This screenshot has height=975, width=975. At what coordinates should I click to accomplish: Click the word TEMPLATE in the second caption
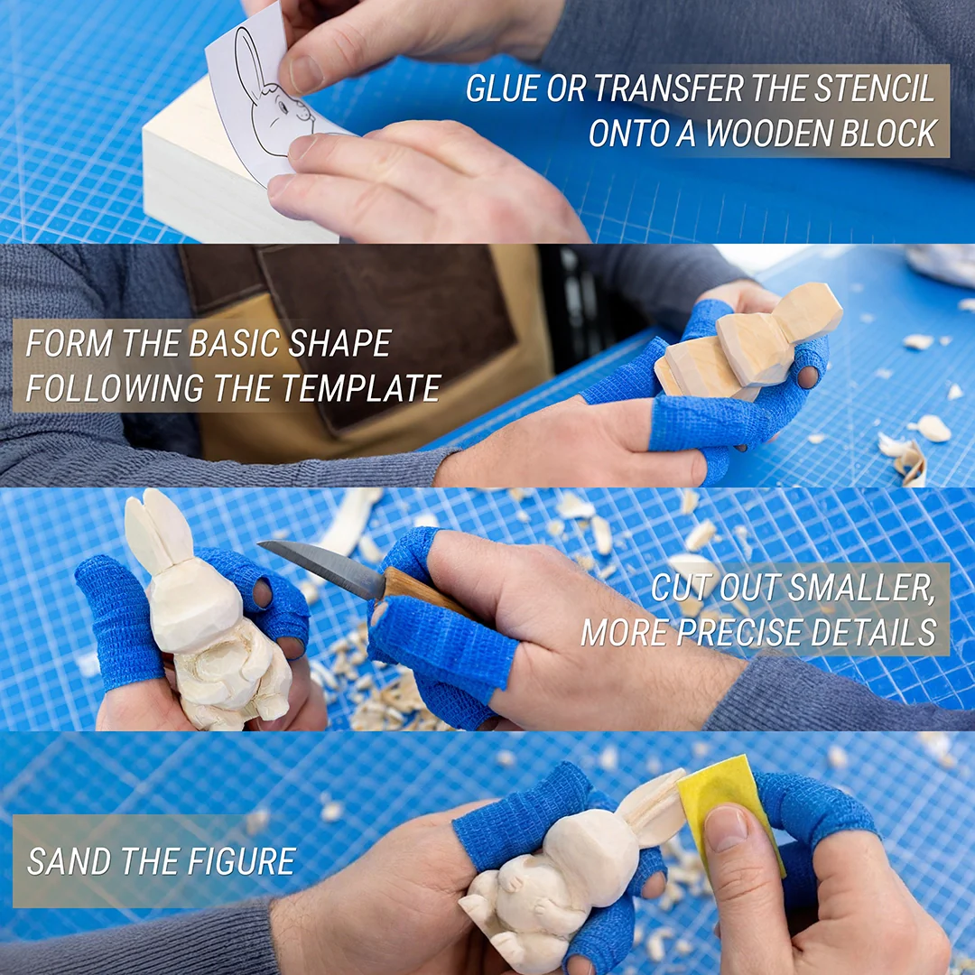pos(361,388)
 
